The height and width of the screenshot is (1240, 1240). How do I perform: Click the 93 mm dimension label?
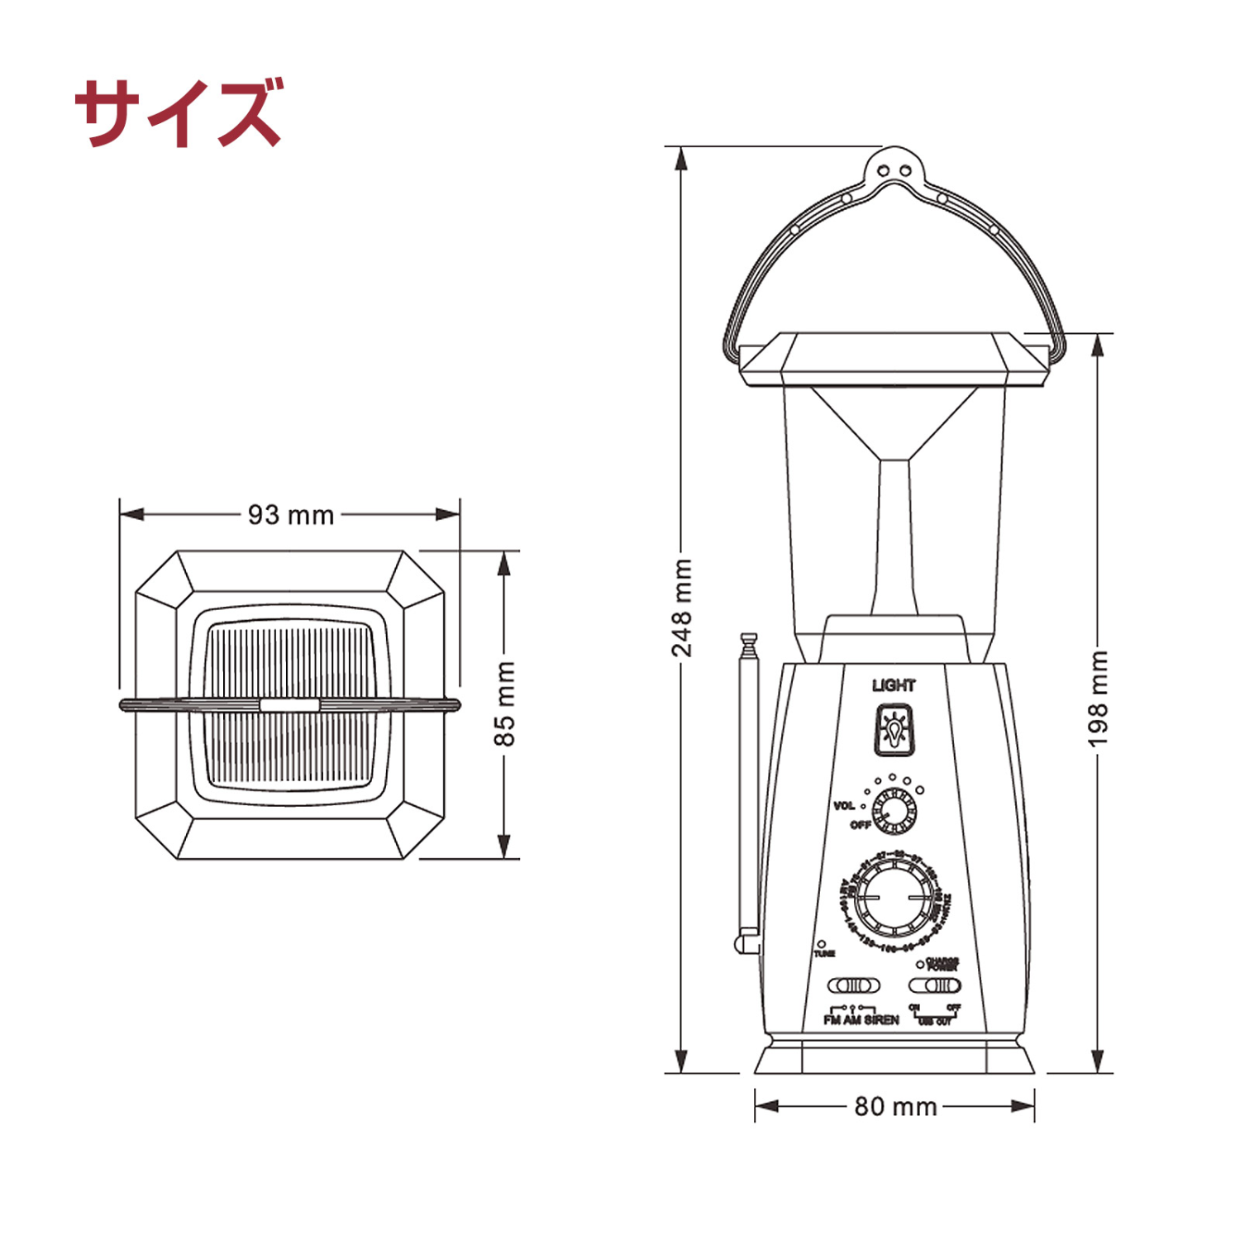coord(291,515)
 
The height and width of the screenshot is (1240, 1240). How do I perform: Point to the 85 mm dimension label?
coord(504,703)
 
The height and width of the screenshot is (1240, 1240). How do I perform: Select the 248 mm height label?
coord(681,608)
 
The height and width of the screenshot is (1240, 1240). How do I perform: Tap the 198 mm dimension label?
coord(1097,699)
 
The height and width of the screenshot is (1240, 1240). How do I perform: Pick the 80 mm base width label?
coord(895,1106)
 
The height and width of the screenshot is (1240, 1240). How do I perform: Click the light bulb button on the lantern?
coord(894,729)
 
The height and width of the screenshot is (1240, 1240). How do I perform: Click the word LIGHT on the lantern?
coord(894,685)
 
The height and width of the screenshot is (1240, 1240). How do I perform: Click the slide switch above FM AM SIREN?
coord(853,985)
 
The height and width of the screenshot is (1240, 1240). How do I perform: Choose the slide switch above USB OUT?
coord(935,985)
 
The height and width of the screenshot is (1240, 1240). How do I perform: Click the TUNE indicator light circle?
coord(822,943)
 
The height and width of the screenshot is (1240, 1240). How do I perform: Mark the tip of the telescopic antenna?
coord(749,638)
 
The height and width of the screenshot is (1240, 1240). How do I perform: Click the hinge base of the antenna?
coord(747,942)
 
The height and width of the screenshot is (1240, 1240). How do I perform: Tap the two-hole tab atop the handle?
coord(894,170)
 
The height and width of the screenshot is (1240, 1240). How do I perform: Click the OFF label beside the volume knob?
coord(861,825)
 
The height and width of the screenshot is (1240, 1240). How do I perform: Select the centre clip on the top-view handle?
coord(289,705)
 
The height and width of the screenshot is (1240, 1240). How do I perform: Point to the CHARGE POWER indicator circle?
coord(920,964)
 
